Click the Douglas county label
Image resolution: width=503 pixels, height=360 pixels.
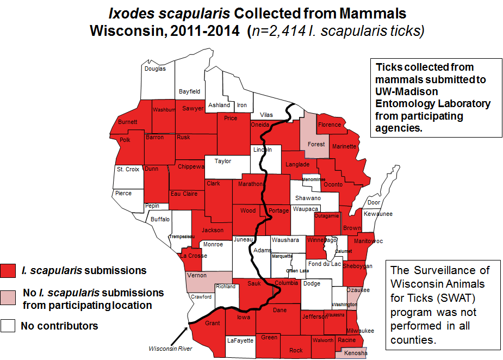tap(155, 69)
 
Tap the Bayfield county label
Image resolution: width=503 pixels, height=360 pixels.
tap(190, 91)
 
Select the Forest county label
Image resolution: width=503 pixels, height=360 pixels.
tap(316, 144)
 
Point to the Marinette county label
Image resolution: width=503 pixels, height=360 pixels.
tap(344, 146)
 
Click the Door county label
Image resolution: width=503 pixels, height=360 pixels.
tap(374, 202)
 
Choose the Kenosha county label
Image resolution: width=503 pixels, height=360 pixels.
tap(356, 353)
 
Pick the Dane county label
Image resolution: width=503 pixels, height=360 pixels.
tap(280, 310)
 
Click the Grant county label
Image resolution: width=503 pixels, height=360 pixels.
tap(212, 324)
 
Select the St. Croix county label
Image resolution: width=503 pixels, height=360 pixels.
tap(128, 169)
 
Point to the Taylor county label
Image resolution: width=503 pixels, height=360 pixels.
tap(223, 161)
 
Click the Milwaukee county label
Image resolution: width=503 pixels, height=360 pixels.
tap(360, 331)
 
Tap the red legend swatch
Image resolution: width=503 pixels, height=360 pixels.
tap(8, 270)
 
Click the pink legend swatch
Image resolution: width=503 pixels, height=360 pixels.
tap(8, 297)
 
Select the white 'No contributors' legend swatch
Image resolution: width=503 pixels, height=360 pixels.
tap(8, 326)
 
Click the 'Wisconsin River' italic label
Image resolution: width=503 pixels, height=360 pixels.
tap(171, 349)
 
